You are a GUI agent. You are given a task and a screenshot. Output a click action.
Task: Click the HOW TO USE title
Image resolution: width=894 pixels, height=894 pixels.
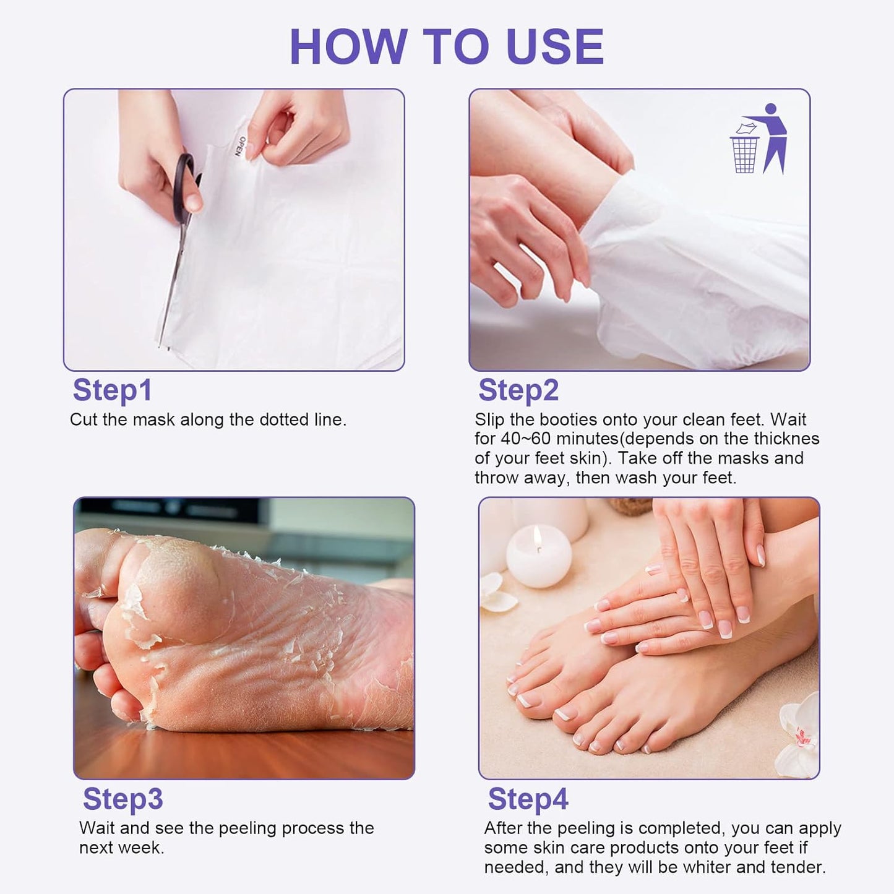tap(447, 47)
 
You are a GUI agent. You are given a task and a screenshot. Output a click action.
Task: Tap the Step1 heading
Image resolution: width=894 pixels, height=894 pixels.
tap(112, 390)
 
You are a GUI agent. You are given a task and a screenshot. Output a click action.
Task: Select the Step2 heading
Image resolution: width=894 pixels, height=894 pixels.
tap(518, 390)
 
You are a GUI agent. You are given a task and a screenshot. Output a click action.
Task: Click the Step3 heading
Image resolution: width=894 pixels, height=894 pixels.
tap(122, 799)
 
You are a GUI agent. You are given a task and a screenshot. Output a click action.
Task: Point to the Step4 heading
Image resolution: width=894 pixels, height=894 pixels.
tap(528, 799)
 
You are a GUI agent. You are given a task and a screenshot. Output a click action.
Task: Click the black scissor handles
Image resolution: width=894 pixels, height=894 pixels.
tap(184, 186)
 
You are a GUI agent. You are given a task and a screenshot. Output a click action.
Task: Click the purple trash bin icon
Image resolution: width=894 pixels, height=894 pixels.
tap(744, 153)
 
